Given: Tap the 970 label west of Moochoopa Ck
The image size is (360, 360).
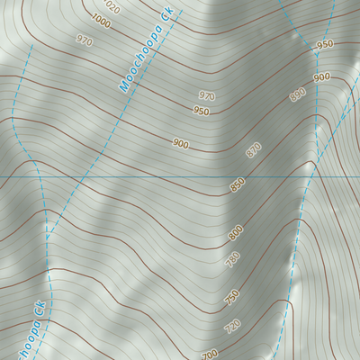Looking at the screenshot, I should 85,41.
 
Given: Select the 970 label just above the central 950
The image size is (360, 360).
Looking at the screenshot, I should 206,95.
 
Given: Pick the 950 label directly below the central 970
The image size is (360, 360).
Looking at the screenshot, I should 201,112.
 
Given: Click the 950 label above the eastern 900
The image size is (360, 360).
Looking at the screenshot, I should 325,44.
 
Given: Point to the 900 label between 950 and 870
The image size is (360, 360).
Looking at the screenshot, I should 181,144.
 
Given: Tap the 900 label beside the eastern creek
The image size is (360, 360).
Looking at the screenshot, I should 321,78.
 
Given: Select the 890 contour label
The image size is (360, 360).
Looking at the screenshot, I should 297,94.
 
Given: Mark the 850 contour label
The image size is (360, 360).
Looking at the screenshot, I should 237,185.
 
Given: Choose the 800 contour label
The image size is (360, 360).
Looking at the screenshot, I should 235,233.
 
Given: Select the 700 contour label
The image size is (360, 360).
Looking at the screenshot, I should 210,354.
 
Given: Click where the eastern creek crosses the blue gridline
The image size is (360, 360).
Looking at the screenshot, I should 307,177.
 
